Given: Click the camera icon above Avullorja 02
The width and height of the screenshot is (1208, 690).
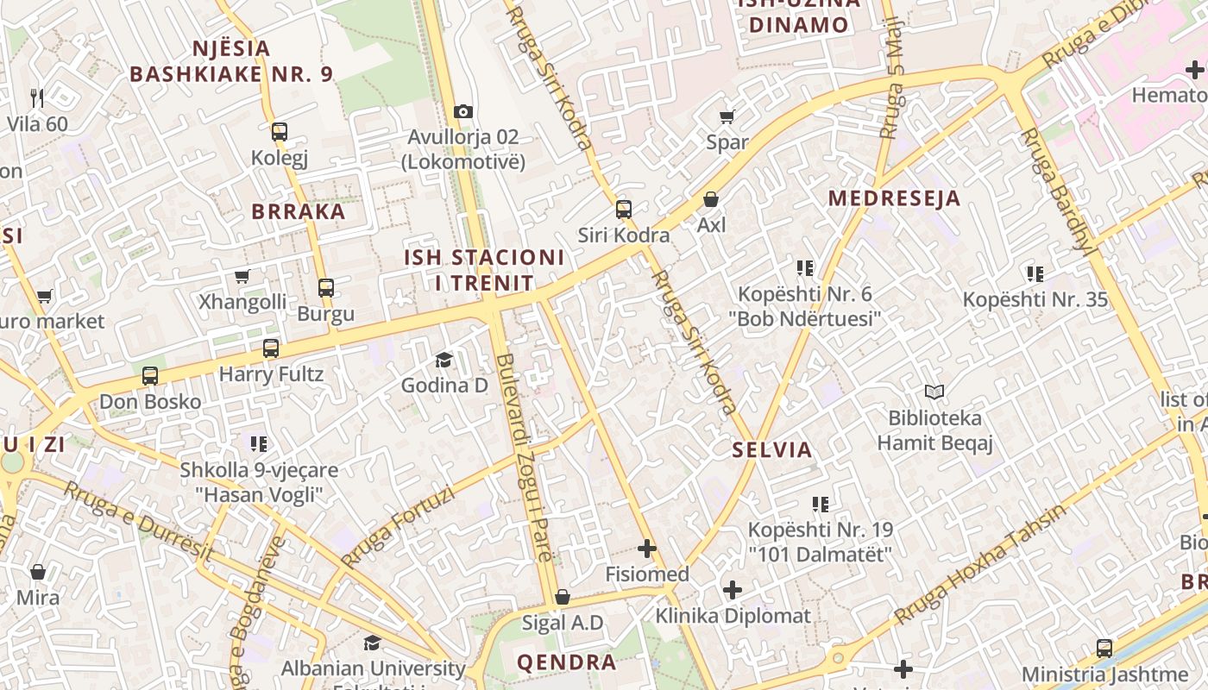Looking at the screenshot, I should coord(463,111).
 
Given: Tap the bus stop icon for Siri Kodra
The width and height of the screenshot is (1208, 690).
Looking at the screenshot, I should coord(623,210).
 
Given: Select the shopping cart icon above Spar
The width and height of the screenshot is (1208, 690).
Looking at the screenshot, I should coord(727,116).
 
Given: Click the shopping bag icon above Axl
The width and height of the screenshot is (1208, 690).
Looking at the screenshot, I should coord(711,200).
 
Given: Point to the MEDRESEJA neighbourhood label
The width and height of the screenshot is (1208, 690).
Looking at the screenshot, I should coord(894,198).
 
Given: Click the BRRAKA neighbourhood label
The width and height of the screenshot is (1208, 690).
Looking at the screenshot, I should coord(298,211).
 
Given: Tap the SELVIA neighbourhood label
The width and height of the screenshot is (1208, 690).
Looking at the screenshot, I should coord(772,449).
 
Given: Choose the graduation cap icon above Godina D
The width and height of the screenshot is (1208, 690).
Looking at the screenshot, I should coord(444,360).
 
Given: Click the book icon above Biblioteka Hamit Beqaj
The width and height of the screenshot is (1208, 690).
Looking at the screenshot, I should coord(934,392).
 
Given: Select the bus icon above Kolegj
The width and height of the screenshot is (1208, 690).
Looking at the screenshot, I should coord(279,133).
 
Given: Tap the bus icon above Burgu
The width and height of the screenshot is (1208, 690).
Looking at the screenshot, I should coord(325,288).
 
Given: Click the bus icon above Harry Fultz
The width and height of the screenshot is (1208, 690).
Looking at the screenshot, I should coord(271,348).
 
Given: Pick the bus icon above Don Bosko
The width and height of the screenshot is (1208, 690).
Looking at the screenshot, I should coord(150,376).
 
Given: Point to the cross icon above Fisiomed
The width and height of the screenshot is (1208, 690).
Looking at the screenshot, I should coord(646,549).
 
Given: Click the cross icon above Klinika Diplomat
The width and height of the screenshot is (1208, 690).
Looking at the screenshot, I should coord(732,590).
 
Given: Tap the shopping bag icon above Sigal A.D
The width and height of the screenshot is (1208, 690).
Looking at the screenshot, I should coord(562,597).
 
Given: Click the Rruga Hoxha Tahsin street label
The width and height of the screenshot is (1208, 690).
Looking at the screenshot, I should coord(980,565).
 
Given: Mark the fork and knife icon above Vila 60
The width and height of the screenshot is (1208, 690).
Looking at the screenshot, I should coord(36,97).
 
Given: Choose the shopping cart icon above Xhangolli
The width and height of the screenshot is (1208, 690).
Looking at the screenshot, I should coord(242,277).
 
